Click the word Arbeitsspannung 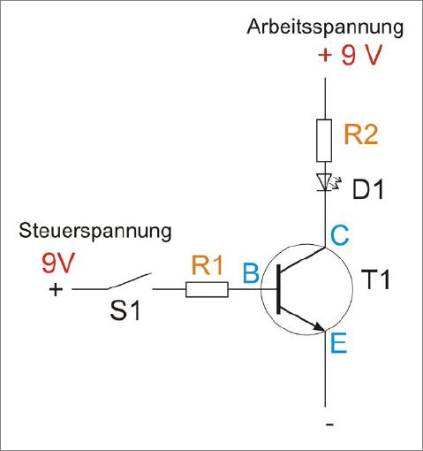[x=325, y=28]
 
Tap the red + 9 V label [x=351, y=55]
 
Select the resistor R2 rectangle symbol [x=324, y=141]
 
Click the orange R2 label [x=361, y=134]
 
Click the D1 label [x=368, y=189]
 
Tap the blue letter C [x=340, y=235]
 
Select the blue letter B [x=251, y=272]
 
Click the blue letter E [x=338, y=342]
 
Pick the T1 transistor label [x=375, y=279]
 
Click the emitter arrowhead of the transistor [x=319, y=326]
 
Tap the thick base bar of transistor [x=278, y=289]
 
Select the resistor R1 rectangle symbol [x=207, y=289]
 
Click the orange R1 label [x=207, y=265]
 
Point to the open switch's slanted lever [x=130, y=281]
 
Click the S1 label [x=125, y=310]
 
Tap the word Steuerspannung [x=95, y=232]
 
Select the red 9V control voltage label [x=58, y=263]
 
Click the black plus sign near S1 [x=56, y=289]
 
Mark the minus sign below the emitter [x=330, y=424]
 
